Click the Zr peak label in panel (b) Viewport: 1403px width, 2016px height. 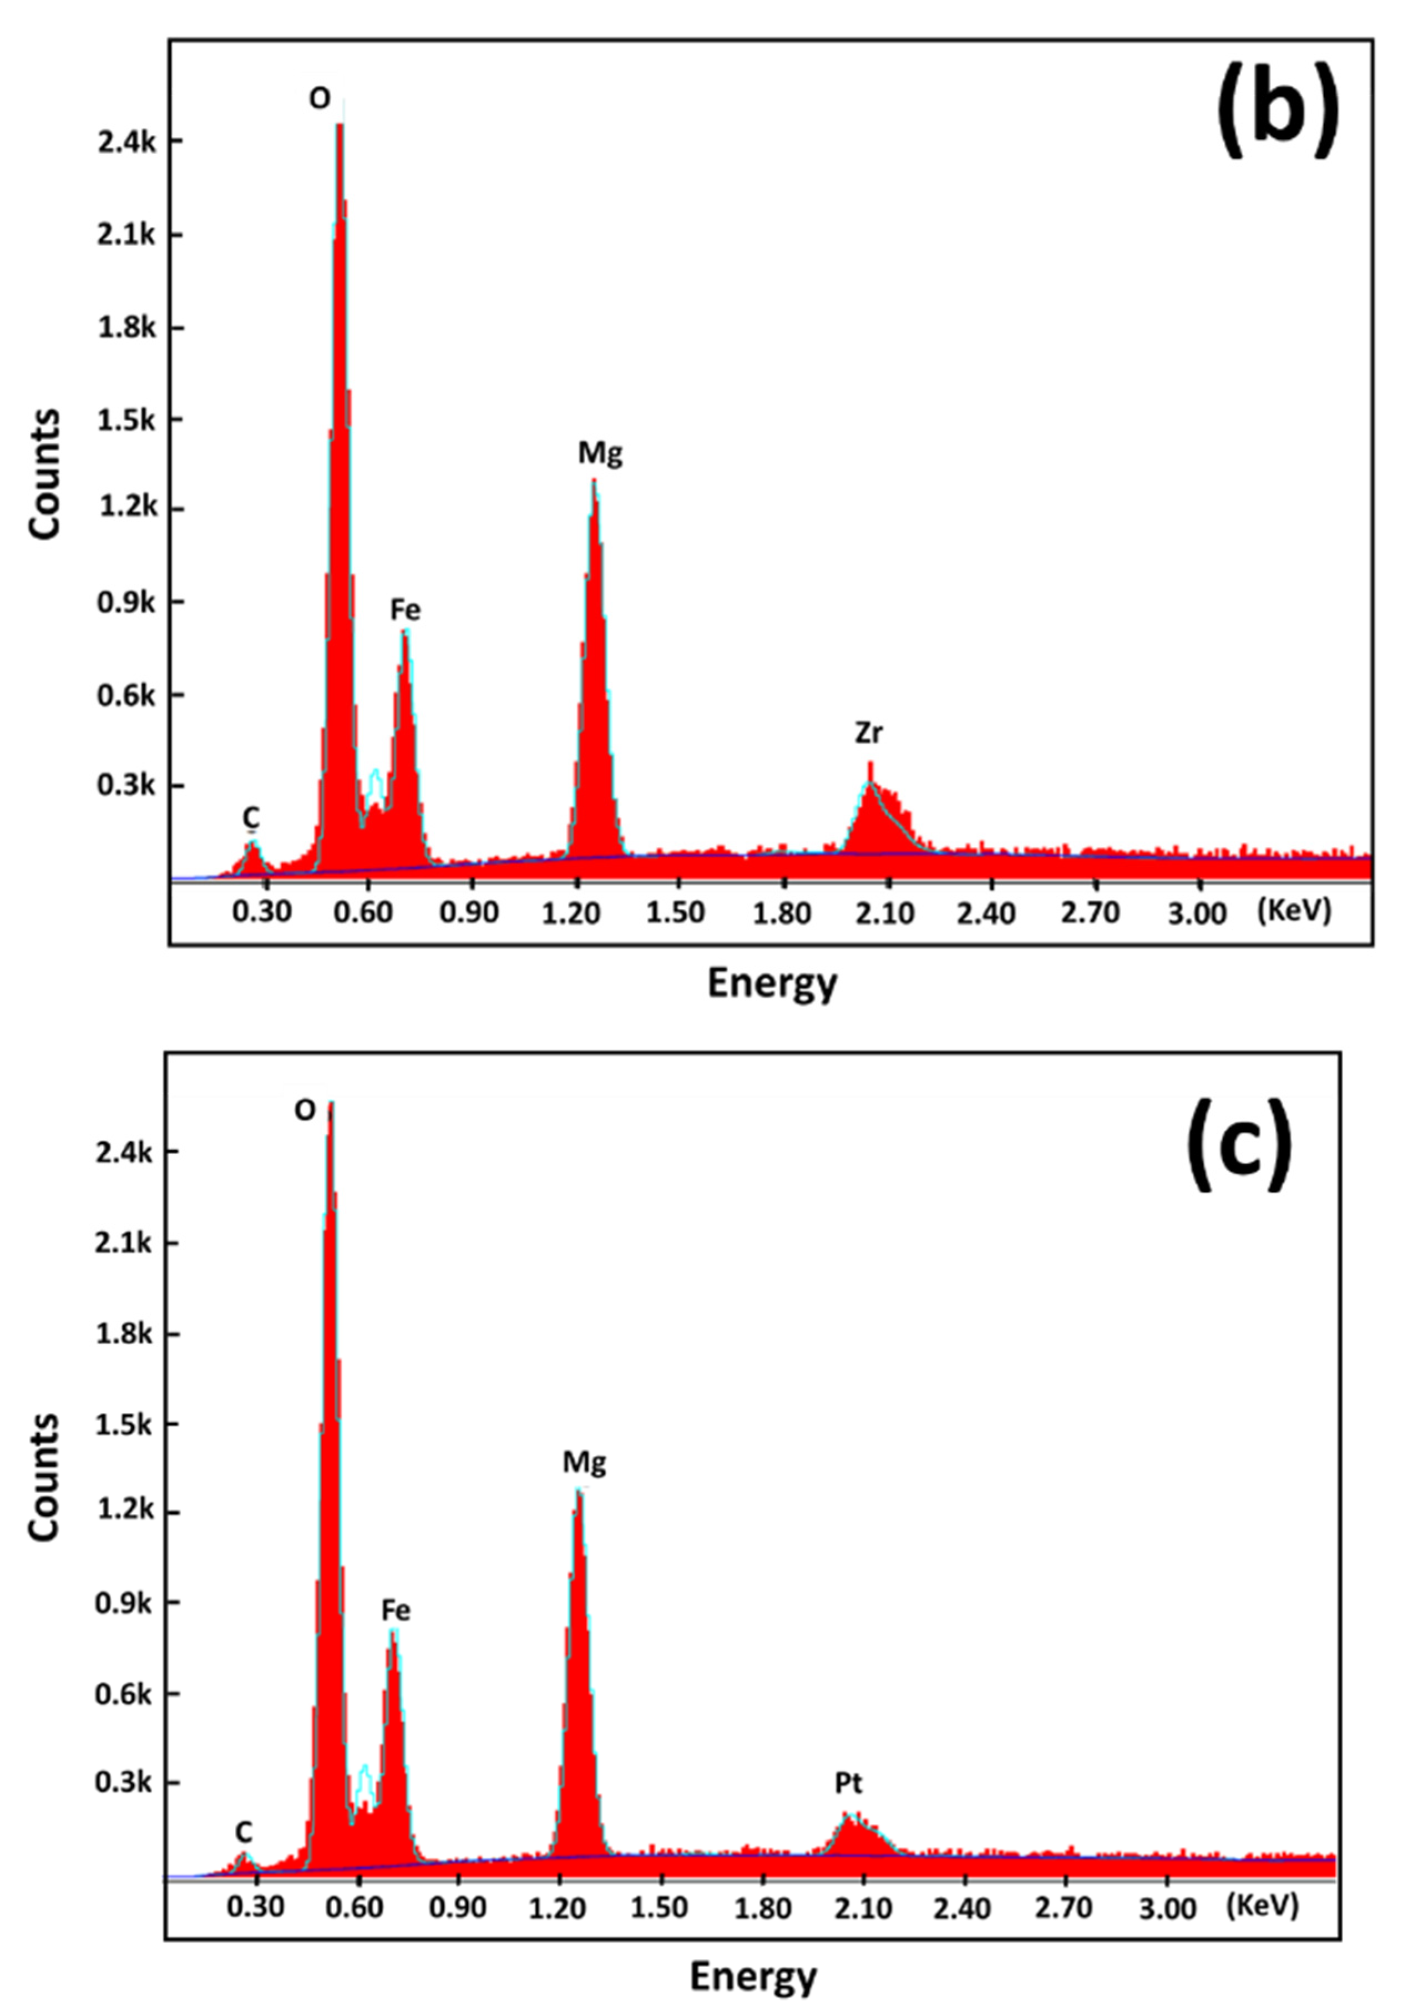868,733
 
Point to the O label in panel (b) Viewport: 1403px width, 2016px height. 320,99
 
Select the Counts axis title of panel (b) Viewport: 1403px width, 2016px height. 45,473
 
